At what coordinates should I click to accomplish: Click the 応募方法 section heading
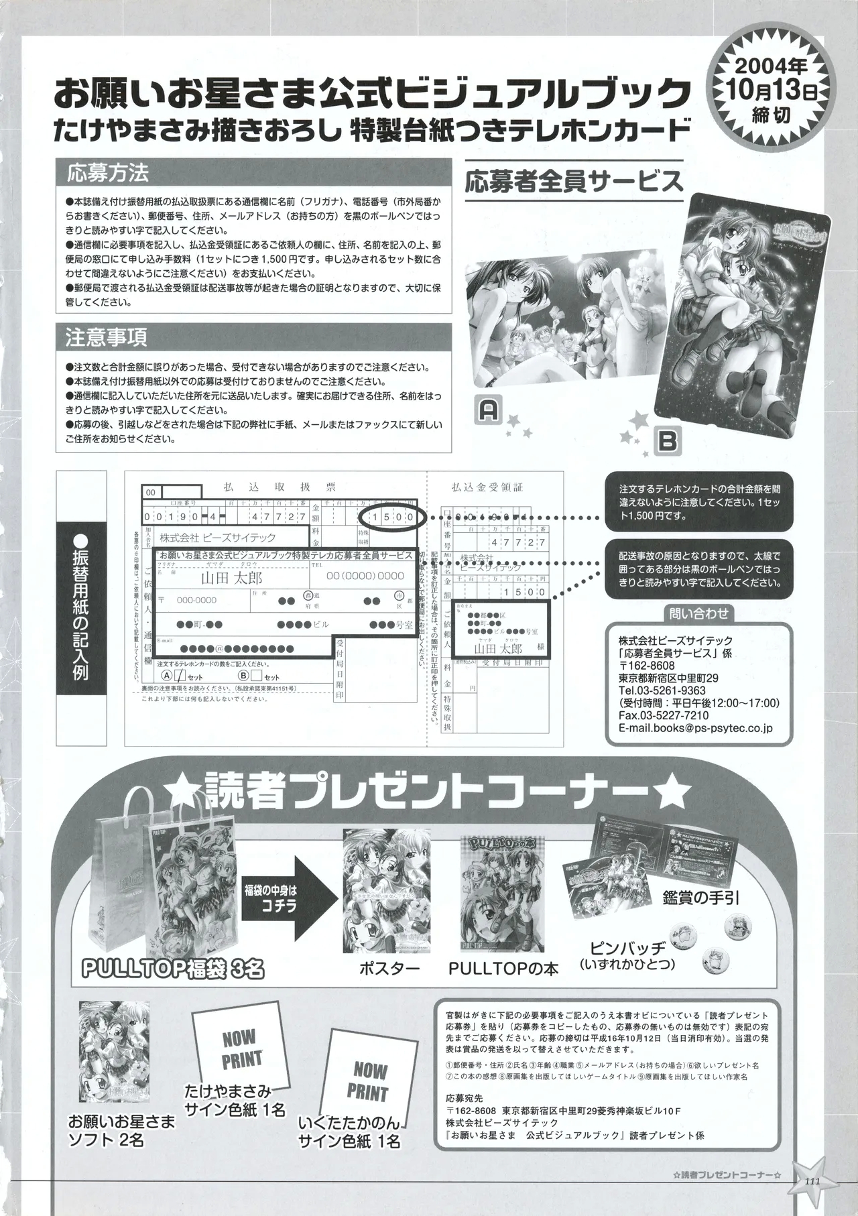coord(107,174)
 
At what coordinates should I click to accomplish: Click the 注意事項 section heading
coord(107,337)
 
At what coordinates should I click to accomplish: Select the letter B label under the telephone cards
coord(670,441)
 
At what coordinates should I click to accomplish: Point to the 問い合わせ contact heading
coord(698,612)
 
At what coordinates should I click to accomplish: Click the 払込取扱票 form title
coord(280,488)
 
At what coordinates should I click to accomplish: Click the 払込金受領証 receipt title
coord(487,488)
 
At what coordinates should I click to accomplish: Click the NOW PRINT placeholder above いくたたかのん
coord(367,1082)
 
